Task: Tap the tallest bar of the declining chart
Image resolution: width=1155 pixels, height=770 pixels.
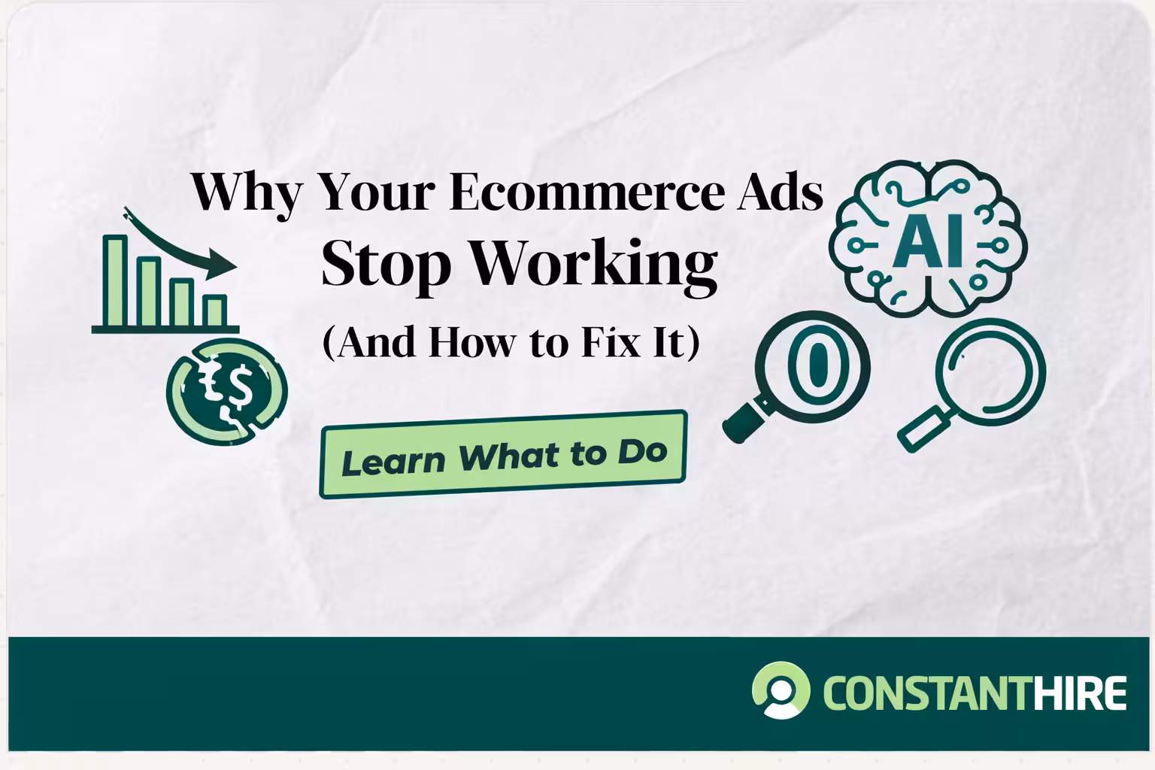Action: click(115, 281)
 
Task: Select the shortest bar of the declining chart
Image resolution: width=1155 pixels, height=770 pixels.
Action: click(215, 311)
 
